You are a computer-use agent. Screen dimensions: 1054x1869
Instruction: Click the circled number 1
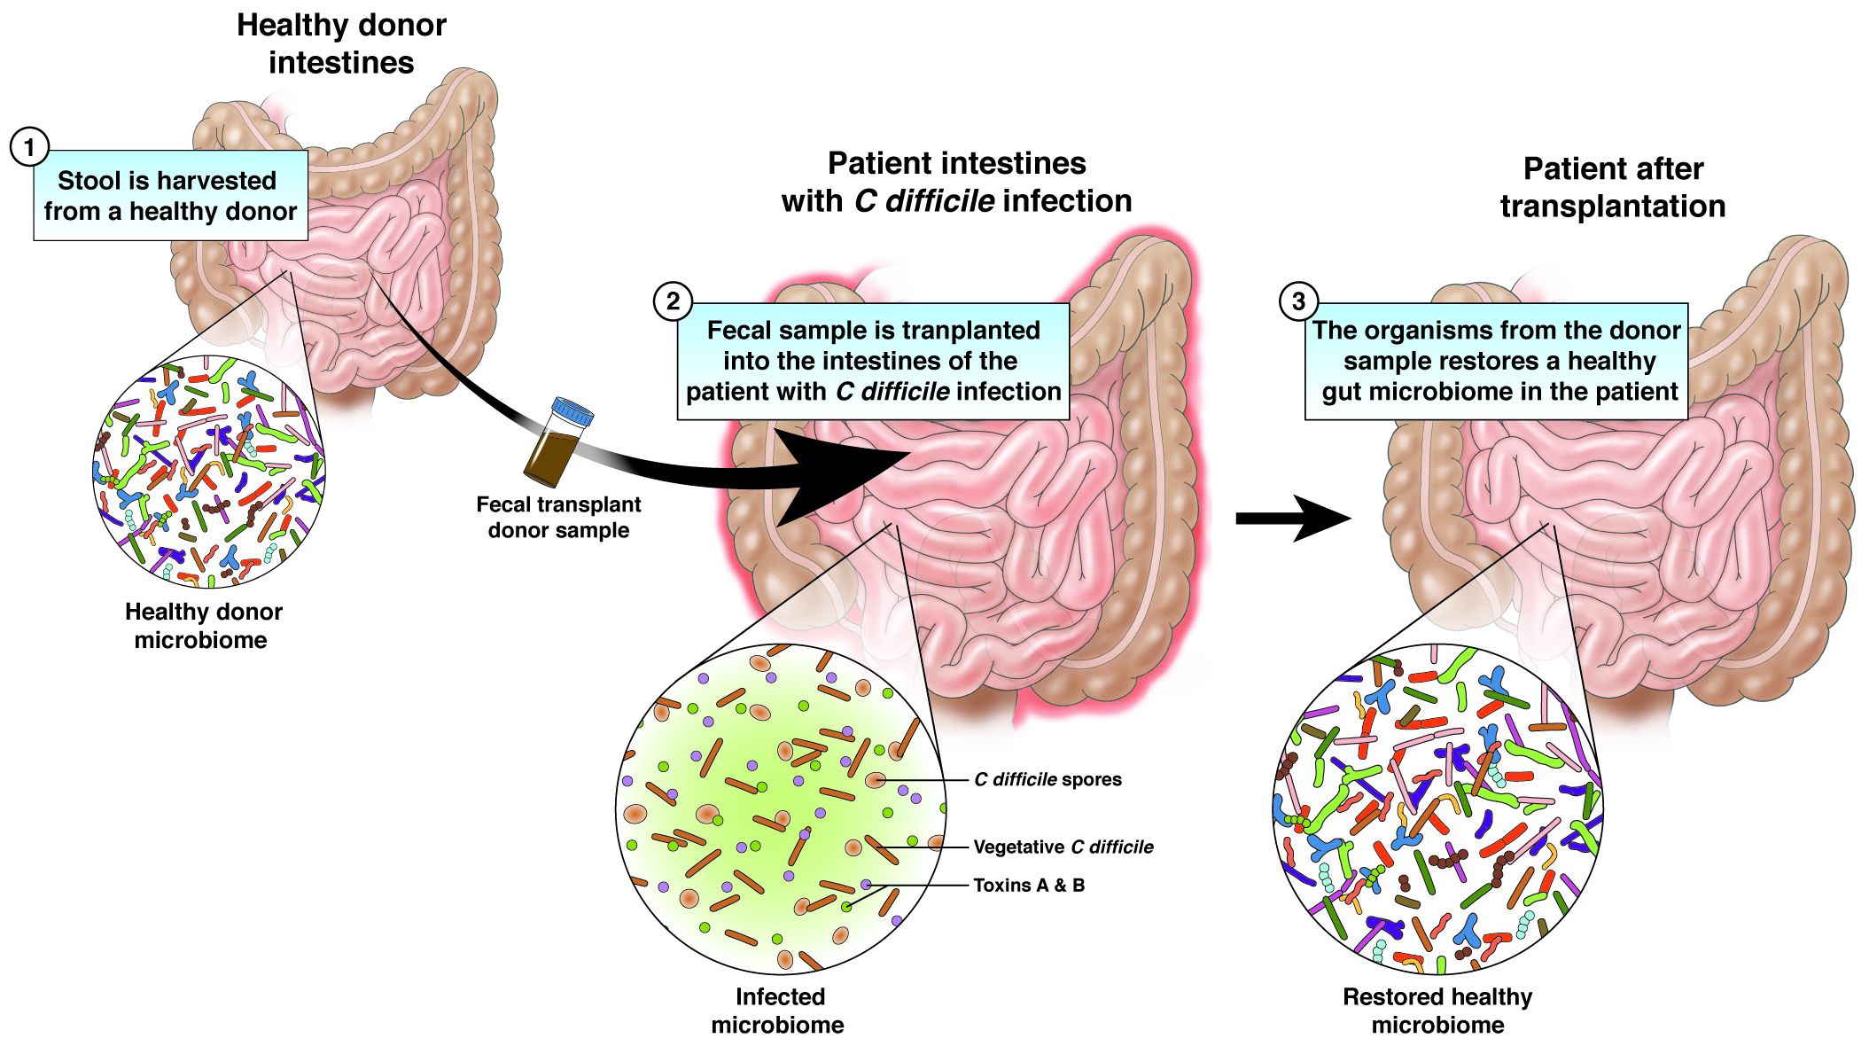pyautogui.click(x=29, y=147)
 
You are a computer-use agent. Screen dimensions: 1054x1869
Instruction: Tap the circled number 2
pyautogui.click(x=673, y=301)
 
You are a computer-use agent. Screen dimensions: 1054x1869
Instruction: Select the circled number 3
pyautogui.click(x=1298, y=301)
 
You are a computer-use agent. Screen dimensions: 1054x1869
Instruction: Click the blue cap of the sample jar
pyautogui.click(x=572, y=411)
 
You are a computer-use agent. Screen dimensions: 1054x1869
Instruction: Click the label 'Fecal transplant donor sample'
pyautogui.click(x=558, y=517)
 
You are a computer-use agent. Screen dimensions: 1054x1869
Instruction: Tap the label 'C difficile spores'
pyautogui.click(x=1047, y=779)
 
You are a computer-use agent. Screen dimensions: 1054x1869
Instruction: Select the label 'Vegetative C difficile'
pyautogui.click(x=1063, y=847)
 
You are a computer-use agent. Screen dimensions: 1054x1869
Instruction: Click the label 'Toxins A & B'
pyautogui.click(x=1028, y=885)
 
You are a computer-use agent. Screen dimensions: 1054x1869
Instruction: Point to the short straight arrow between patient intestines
pyautogui.click(x=1290, y=519)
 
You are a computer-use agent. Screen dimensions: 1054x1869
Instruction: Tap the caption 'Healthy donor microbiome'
pyautogui.click(x=203, y=626)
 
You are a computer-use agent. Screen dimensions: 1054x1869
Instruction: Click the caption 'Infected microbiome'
pyautogui.click(x=778, y=1011)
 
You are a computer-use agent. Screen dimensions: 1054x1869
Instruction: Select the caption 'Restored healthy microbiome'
pyautogui.click(x=1437, y=1011)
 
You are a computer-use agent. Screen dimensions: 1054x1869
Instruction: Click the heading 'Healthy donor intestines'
pyautogui.click(x=341, y=44)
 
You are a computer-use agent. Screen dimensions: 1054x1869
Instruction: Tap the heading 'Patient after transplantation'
pyautogui.click(x=1612, y=187)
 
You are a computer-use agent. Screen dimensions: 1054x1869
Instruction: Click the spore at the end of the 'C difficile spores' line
pyautogui.click(x=876, y=780)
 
